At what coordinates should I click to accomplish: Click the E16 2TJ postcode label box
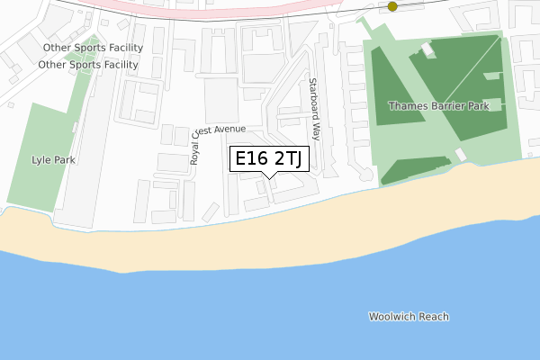coord(271,160)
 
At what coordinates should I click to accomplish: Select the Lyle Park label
coord(53,160)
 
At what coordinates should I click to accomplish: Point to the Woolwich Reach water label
coord(409,317)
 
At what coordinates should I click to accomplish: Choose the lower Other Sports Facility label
coord(88,65)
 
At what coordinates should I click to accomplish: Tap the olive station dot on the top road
coord(392,6)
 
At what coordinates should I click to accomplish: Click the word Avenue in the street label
coord(229,130)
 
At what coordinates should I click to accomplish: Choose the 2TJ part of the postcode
coord(291,160)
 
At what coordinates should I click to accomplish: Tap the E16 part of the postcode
coord(251,160)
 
